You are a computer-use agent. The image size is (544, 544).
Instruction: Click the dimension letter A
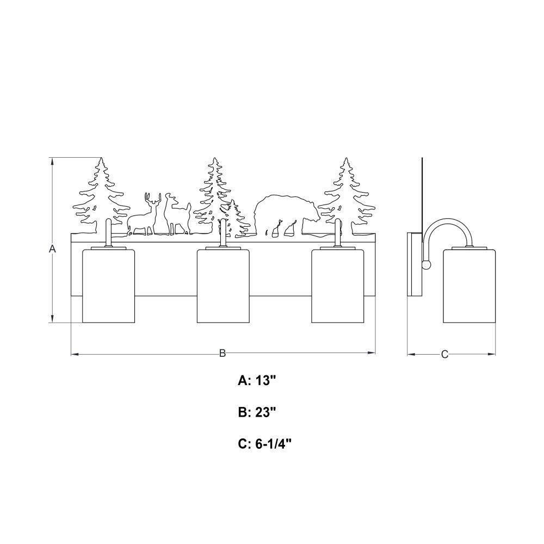[52, 249]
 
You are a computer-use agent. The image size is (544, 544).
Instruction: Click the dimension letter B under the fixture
[222, 354]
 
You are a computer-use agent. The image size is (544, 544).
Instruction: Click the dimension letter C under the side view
[445, 354]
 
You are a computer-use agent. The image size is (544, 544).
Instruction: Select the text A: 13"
[257, 381]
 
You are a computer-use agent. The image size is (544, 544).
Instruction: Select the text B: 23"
[257, 412]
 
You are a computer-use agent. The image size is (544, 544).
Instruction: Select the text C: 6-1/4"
[265, 444]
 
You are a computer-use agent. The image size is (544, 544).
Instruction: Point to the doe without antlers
[177, 214]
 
